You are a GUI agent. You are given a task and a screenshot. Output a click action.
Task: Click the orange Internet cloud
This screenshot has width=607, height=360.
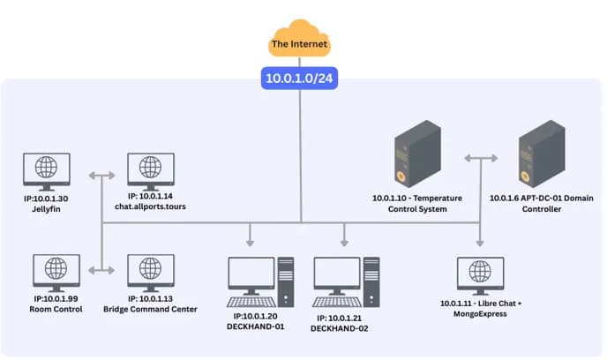[x=299, y=39]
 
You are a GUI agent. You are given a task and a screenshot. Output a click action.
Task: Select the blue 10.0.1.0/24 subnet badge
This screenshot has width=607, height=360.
[x=299, y=79]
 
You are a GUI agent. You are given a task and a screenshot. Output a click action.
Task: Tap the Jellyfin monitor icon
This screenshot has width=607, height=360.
[x=47, y=171]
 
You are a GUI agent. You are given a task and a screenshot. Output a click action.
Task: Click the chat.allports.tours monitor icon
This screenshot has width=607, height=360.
[x=151, y=171]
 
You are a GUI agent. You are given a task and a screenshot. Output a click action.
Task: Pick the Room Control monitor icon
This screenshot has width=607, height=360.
[x=56, y=273]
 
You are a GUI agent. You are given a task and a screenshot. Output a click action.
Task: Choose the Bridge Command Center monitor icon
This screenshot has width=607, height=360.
[x=151, y=273]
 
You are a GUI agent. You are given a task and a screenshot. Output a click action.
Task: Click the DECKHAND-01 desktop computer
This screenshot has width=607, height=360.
[x=260, y=281]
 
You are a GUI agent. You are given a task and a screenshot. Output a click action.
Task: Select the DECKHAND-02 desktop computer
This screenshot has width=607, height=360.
[x=346, y=281]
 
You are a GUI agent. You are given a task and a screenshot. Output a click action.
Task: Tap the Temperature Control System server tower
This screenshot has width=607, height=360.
[x=417, y=154]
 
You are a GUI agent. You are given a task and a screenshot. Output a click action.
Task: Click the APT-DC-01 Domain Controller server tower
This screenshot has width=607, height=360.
[x=542, y=154]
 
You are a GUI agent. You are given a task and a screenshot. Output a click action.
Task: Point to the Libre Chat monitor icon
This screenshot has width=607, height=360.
[x=481, y=275]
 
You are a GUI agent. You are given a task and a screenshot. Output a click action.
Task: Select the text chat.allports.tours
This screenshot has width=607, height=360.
[x=150, y=206]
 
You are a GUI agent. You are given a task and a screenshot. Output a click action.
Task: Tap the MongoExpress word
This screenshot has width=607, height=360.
[x=480, y=314]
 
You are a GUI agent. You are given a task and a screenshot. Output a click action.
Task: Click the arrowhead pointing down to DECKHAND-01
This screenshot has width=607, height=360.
[x=250, y=243]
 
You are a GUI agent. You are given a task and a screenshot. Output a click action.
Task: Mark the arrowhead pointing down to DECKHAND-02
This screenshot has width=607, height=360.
[x=344, y=243]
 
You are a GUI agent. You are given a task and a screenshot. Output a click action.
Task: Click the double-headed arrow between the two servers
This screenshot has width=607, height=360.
[x=481, y=158]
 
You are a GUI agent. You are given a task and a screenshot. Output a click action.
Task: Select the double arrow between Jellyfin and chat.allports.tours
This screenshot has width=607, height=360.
[x=101, y=176]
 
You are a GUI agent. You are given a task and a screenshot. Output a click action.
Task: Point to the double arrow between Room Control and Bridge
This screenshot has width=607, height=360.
[x=101, y=270]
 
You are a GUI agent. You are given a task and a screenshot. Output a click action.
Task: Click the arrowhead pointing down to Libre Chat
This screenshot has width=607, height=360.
[x=480, y=243]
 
